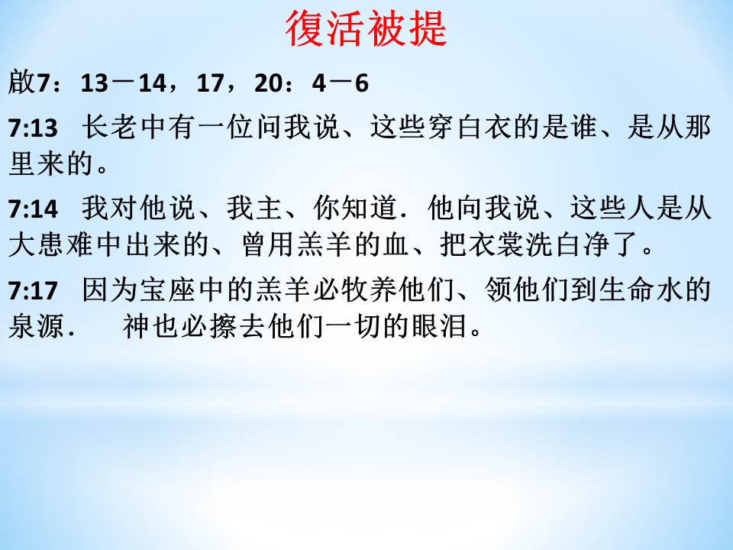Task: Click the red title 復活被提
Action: [x=366, y=29]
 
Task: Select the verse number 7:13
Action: [x=33, y=128]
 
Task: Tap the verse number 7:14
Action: [x=33, y=209]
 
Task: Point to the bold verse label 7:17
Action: [x=33, y=290]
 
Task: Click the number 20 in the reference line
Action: [x=268, y=83]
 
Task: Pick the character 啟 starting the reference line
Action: [x=21, y=82]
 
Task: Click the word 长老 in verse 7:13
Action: [x=110, y=128]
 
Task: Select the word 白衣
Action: [x=484, y=128]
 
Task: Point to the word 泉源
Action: [x=37, y=325]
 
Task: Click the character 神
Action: [x=136, y=325]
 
